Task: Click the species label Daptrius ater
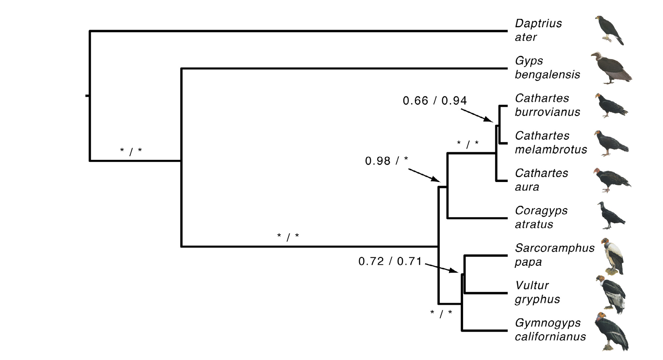click(x=538, y=30)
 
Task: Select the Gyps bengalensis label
click(x=547, y=68)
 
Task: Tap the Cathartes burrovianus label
click(x=547, y=105)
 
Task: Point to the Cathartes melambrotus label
click(x=550, y=142)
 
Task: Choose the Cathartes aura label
click(x=541, y=180)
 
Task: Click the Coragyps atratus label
click(x=541, y=217)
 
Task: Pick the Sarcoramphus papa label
click(x=554, y=255)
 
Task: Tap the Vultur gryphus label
click(x=537, y=292)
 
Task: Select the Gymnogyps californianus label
click(x=550, y=330)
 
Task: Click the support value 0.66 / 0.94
click(x=434, y=101)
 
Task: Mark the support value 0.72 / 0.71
click(x=390, y=261)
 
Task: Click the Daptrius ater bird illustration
click(x=610, y=30)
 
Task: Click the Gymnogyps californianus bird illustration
click(x=612, y=331)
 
